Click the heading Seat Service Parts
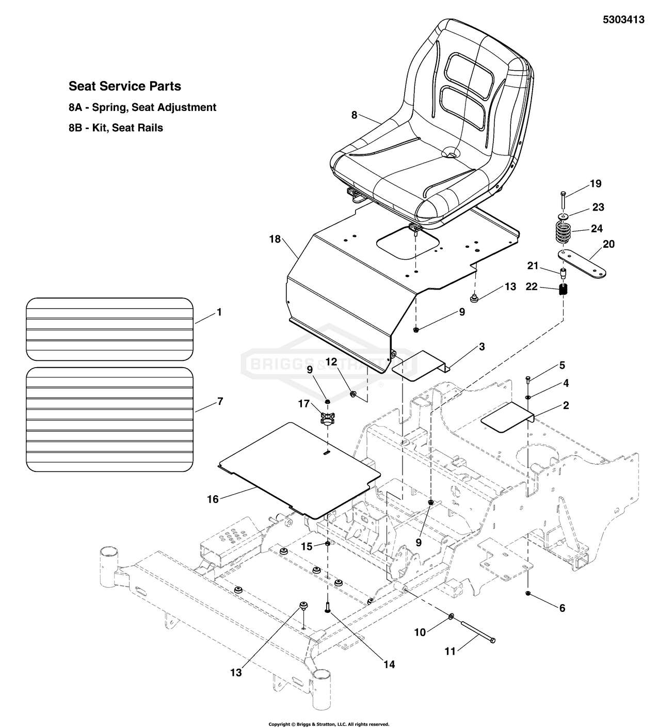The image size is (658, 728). (125, 86)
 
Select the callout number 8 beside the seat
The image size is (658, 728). (354, 115)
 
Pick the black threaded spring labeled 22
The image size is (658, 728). (564, 290)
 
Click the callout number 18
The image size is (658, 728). (275, 239)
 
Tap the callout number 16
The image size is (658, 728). (213, 499)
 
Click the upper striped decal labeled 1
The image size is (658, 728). (109, 329)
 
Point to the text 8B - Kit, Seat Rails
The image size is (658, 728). (116, 128)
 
